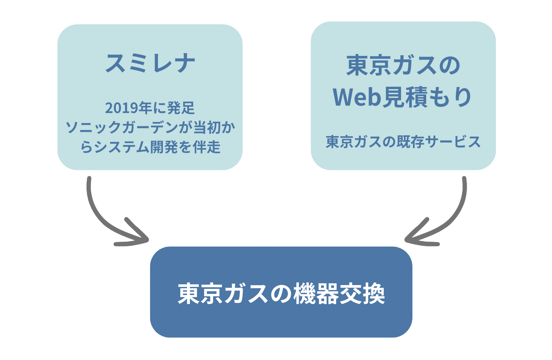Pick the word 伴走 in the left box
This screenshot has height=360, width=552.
coord(207,147)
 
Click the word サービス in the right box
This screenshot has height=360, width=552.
coord(453,142)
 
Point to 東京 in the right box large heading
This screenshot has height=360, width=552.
coord(369,65)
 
